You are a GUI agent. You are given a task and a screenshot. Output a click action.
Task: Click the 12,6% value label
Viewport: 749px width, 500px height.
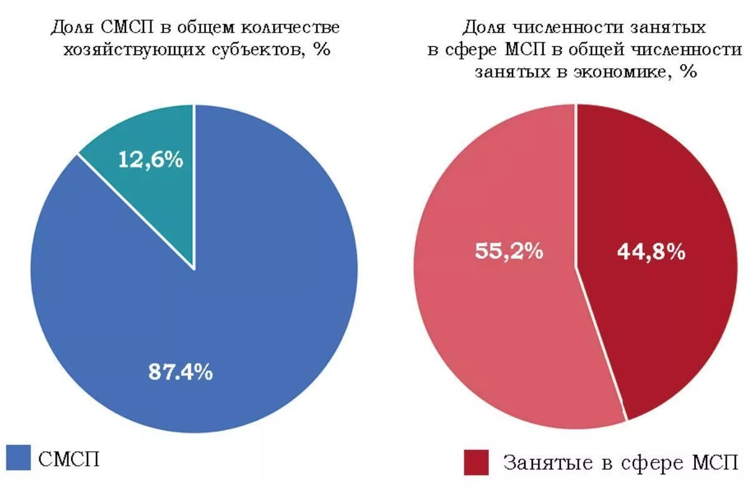click(151, 160)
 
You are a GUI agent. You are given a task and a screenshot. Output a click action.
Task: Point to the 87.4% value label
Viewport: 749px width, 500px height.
click(180, 372)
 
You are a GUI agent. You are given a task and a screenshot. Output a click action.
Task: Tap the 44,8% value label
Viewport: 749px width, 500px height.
click(651, 252)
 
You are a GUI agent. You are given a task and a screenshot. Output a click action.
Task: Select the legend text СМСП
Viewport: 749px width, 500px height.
click(69, 459)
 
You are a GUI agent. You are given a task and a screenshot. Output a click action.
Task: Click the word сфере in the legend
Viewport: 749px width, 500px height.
click(647, 464)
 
